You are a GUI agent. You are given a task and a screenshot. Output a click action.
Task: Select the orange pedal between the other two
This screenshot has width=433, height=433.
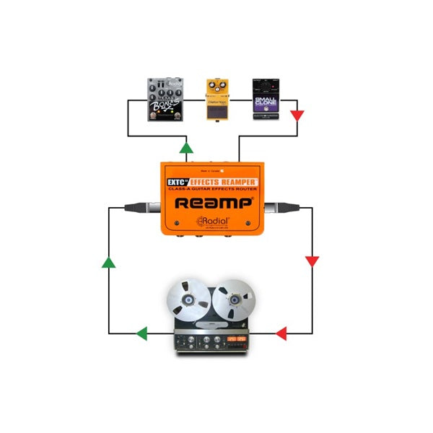[217, 100]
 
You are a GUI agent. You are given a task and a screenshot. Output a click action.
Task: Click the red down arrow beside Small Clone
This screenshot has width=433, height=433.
[297, 115]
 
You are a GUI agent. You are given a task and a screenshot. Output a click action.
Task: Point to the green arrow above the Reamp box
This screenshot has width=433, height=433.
[186, 149]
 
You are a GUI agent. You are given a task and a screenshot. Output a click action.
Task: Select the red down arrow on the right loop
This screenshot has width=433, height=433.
[312, 261]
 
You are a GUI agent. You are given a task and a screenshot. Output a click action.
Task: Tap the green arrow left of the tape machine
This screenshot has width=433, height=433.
[142, 333]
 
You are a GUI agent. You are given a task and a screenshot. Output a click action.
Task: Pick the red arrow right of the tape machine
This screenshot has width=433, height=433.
[281, 333]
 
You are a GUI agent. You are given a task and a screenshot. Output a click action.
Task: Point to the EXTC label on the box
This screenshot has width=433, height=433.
[173, 174]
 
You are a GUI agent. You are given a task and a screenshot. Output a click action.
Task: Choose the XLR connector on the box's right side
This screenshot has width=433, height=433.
[278, 209]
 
